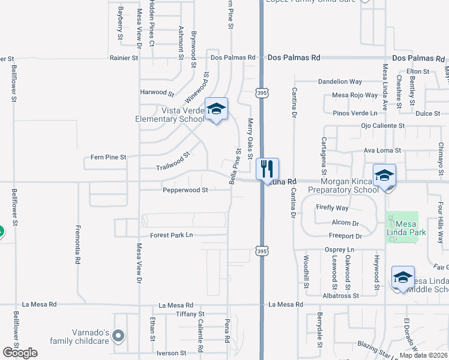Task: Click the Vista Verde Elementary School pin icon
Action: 216,109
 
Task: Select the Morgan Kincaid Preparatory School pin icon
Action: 384,175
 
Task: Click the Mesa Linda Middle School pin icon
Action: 403,277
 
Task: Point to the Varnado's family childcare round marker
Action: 118,337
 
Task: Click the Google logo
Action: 20,353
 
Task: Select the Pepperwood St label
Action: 185,190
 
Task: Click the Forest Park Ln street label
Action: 171,235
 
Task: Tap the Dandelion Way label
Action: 340,81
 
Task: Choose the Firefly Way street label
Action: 333,208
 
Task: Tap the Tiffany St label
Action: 190,314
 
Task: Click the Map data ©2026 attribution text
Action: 423,355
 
